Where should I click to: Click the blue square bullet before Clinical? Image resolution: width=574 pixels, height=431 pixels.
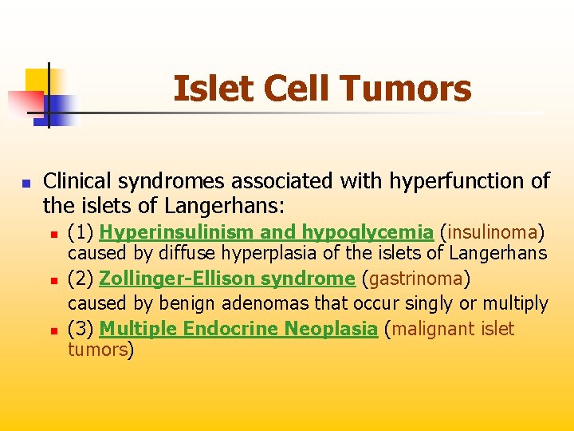tap(26, 183)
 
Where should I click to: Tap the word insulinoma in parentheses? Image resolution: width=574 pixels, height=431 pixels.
tap(493, 232)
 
